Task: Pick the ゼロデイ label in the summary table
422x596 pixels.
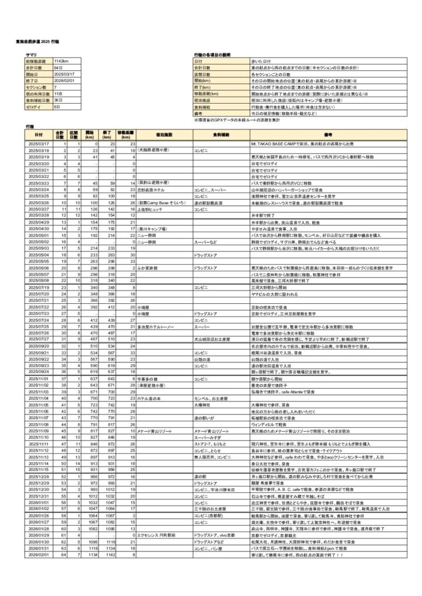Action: coord(33,107)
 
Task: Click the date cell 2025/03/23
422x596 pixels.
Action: coord(39,183)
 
